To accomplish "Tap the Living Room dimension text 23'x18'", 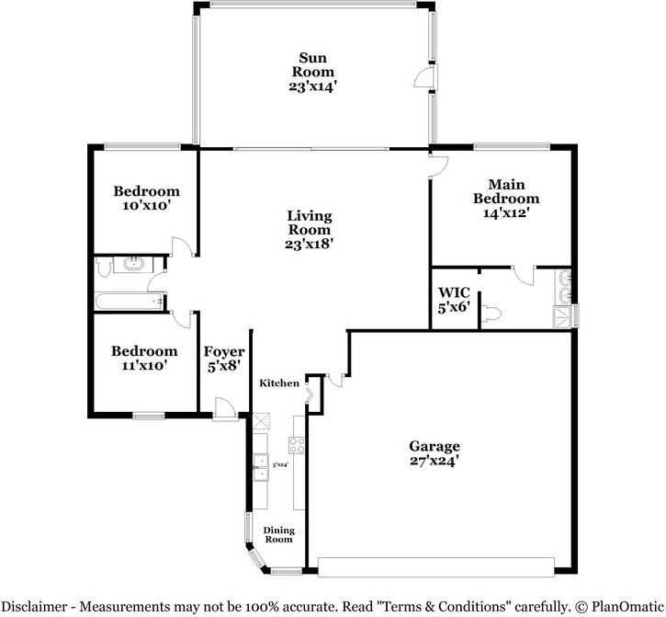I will (309, 245).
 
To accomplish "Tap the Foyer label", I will (223, 351).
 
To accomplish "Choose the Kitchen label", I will (278, 383).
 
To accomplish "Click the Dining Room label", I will (278, 535).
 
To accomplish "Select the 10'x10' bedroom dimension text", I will (146, 206).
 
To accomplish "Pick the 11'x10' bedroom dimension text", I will (144, 366).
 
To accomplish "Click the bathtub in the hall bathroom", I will (130, 301).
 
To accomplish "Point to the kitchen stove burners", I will (298, 445).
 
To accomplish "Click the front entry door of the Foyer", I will (223, 408).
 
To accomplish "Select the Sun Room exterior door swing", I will (423, 80).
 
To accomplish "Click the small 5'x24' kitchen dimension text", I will (280, 465).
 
